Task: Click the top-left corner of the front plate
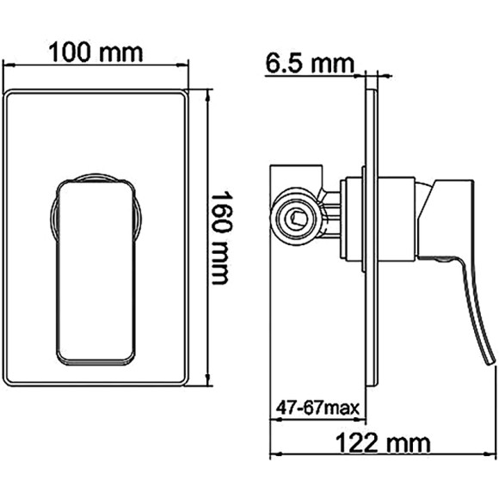point(8,91)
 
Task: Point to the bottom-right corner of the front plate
point(188,382)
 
